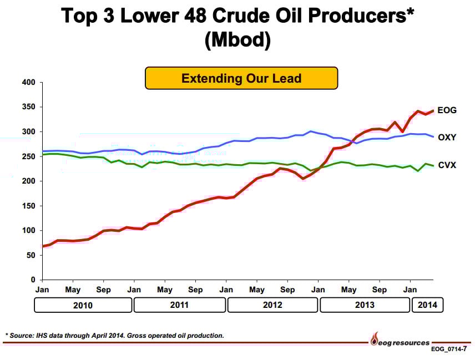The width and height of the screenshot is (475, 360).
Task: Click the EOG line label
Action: click(x=447, y=110)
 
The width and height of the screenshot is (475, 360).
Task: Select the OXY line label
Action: click(x=447, y=137)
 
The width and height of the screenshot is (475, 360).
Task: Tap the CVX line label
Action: click(x=447, y=165)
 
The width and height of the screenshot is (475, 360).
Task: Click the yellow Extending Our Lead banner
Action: click(x=241, y=78)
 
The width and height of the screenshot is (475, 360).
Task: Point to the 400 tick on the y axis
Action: click(x=29, y=83)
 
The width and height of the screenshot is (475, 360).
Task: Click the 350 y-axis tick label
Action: click(x=29, y=107)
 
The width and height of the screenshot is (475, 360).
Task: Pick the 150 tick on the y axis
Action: click(x=29, y=206)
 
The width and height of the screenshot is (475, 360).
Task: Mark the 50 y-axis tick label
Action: click(x=31, y=255)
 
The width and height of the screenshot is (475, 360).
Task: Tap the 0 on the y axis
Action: click(x=33, y=280)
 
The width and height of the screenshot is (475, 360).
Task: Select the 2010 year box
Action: click(x=83, y=305)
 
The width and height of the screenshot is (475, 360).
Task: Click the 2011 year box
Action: click(x=180, y=305)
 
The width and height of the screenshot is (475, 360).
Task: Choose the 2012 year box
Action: click(x=272, y=305)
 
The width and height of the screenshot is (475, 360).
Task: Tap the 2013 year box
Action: click(x=365, y=305)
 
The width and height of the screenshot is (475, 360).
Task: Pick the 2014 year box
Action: click(x=428, y=305)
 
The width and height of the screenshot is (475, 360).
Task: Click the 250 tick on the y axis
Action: click(x=29, y=156)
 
